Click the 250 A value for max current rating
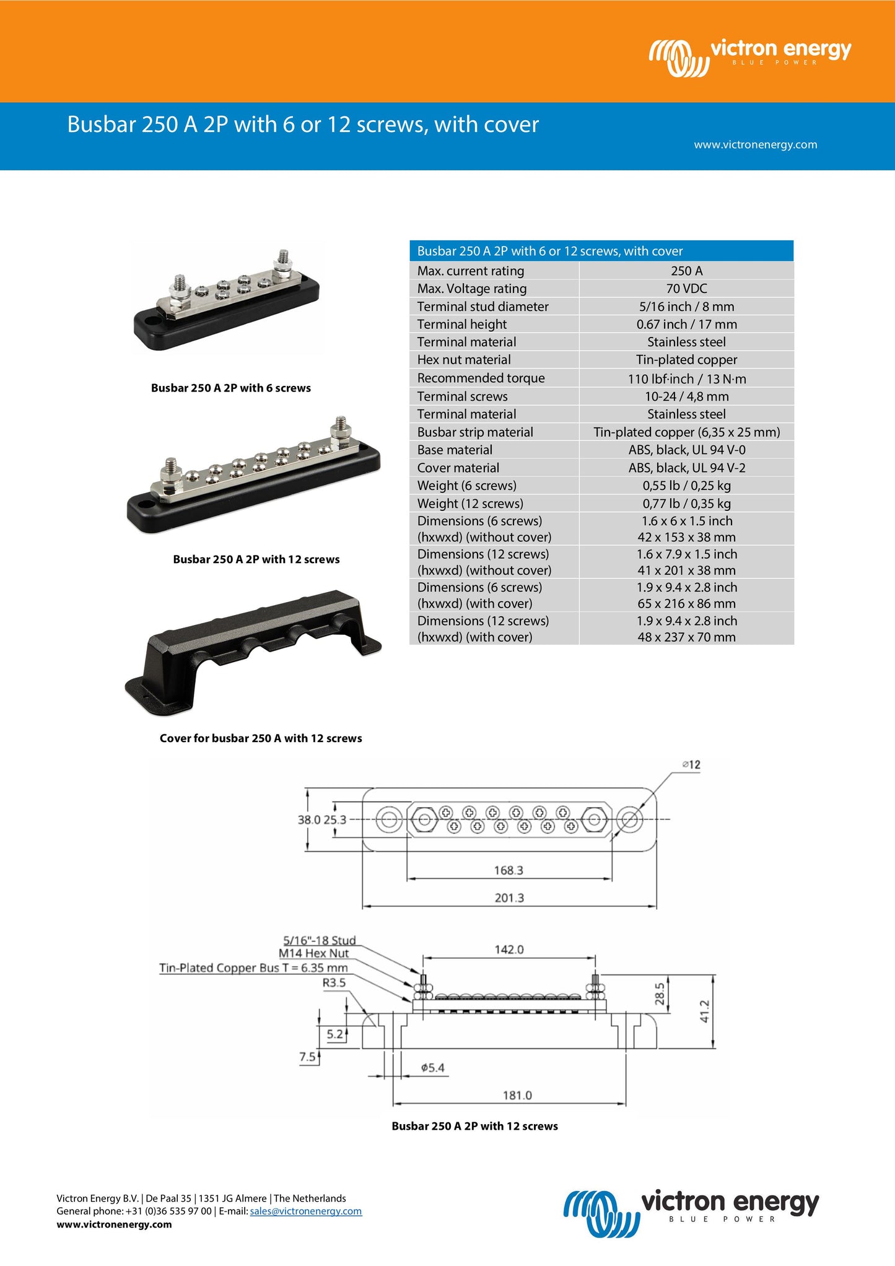(x=686, y=271)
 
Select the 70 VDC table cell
(x=686, y=289)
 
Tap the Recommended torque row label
(x=481, y=378)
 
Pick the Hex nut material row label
(x=464, y=360)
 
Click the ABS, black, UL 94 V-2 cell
(x=686, y=468)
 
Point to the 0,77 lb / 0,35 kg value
(x=686, y=504)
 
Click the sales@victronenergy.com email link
(x=306, y=1211)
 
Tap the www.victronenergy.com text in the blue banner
(x=755, y=144)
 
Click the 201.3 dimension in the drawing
(x=509, y=897)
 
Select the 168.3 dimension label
(x=509, y=870)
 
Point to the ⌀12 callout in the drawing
(x=691, y=765)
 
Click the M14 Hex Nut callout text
(x=313, y=953)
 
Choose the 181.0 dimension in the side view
(x=517, y=1095)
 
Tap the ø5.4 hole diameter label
(x=432, y=1068)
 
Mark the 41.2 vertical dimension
(x=704, y=1011)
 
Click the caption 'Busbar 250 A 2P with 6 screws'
(x=231, y=388)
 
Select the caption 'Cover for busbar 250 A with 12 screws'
(x=261, y=738)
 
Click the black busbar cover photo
(x=253, y=652)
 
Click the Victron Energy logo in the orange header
(x=750, y=58)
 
